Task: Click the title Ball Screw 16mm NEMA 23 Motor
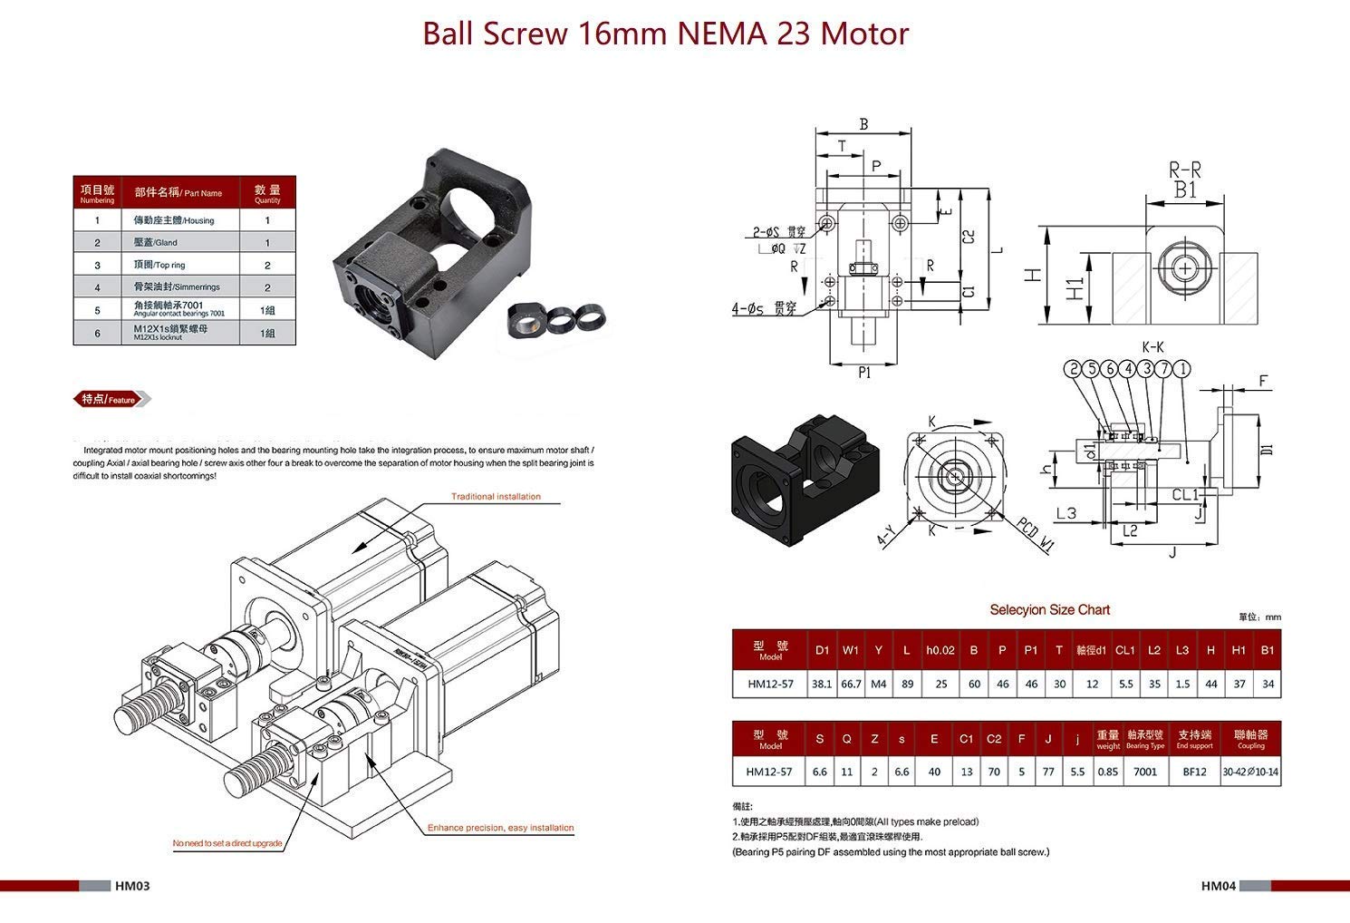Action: click(666, 34)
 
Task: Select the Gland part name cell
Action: click(154, 243)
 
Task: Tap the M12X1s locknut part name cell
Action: click(170, 333)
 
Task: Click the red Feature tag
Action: click(110, 400)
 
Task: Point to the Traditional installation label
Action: click(496, 497)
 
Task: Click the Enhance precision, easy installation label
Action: click(500, 828)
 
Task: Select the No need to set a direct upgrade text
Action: click(227, 844)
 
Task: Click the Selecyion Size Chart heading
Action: click(1049, 610)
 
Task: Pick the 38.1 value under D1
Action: click(822, 685)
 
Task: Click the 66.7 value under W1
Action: click(851, 685)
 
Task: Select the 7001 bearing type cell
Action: click(1145, 772)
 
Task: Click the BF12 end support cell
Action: click(1194, 772)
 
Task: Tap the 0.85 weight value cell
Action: click(1107, 772)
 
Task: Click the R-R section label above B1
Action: click(1185, 170)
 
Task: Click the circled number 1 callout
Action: click(1182, 368)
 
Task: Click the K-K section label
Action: click(1152, 347)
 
